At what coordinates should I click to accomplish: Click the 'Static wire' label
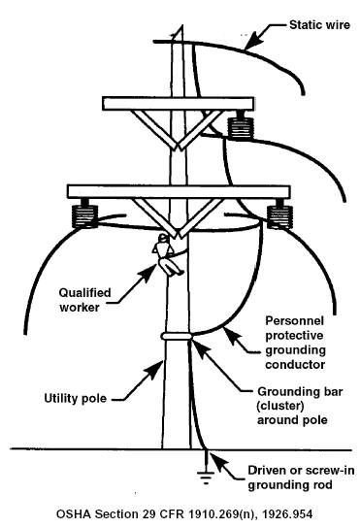coord(319,25)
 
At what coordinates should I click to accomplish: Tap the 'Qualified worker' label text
coord(84,300)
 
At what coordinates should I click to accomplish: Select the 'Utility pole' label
coord(76,398)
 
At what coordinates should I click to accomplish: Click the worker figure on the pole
coord(167,255)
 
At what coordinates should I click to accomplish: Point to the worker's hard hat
coord(163,238)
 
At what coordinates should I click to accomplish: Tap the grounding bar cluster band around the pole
coord(177,336)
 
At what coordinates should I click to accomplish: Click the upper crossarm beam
coord(179,104)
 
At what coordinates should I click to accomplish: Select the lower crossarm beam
coord(179,191)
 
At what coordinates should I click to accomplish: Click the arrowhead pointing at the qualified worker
coord(148,274)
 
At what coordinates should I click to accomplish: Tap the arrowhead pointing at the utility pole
coord(155,370)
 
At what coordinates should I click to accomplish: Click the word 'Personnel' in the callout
coord(295,320)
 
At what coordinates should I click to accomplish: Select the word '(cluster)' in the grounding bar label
coord(280,406)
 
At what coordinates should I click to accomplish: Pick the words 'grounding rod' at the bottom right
coord(290,485)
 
